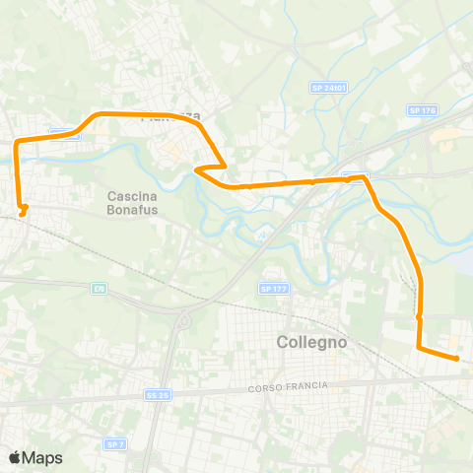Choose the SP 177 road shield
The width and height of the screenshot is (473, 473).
[x=273, y=289]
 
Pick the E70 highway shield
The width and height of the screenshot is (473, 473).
[x=99, y=288]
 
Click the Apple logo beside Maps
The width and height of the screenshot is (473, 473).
[x=15, y=457]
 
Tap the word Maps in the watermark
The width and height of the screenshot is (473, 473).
[x=43, y=457]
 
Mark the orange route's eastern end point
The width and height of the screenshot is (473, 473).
[x=458, y=360]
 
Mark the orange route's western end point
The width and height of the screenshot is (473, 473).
[x=23, y=210]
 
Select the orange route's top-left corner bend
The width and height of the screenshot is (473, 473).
[x=17, y=144]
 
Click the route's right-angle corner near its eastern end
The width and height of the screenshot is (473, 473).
[x=419, y=347]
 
